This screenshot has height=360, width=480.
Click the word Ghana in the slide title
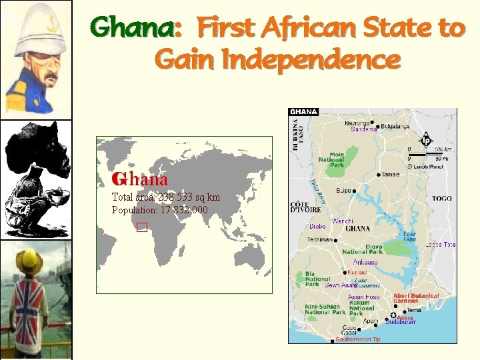click(x=133, y=28)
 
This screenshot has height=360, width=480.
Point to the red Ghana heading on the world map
click(x=140, y=179)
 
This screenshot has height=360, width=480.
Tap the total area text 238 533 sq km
click(x=189, y=197)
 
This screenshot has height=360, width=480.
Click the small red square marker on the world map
click(x=141, y=227)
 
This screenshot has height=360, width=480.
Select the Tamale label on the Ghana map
click(x=391, y=175)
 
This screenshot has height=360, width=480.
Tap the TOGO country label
click(x=441, y=199)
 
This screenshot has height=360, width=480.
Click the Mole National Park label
click(x=331, y=159)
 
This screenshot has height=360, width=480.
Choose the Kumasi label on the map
click(x=357, y=272)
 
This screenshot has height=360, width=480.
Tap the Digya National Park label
click(x=363, y=249)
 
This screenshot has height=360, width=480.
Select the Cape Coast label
click(x=349, y=331)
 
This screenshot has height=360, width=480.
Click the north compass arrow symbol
click(x=425, y=141)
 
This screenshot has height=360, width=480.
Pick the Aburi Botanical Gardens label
click(x=416, y=298)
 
